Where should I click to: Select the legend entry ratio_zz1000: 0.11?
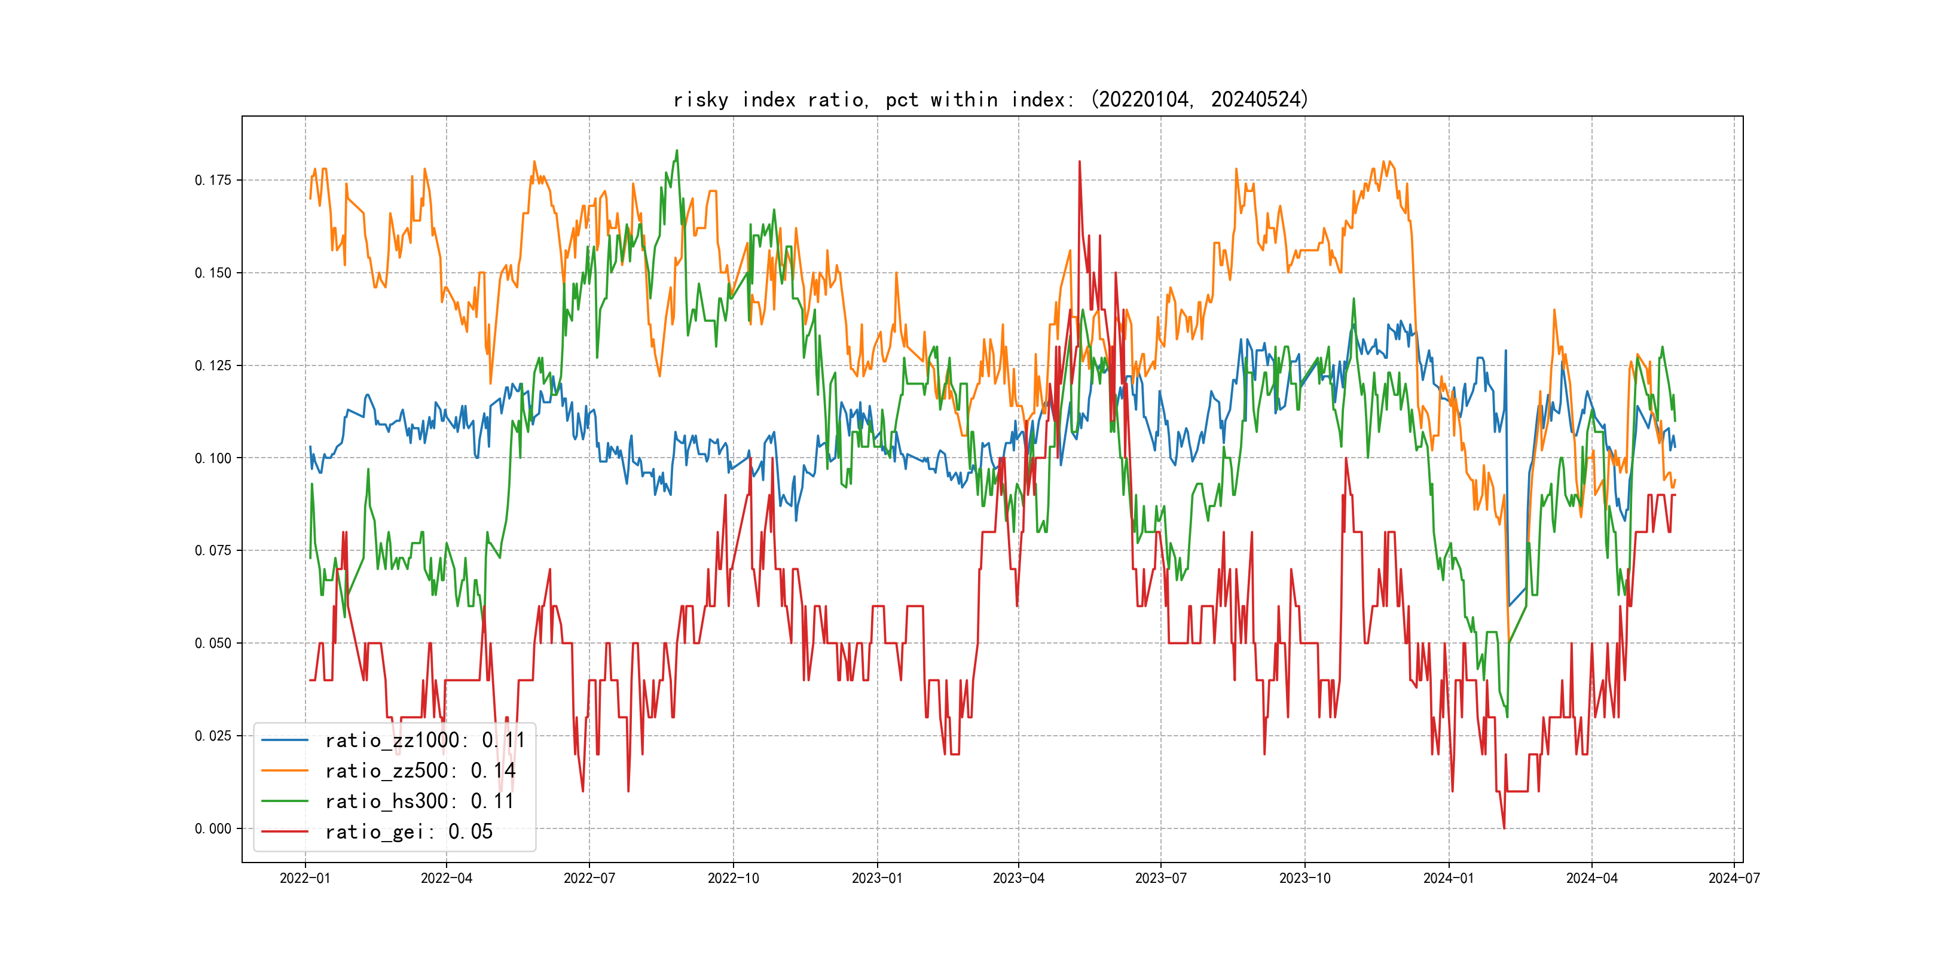[x=424, y=741]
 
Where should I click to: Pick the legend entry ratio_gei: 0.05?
[x=408, y=832]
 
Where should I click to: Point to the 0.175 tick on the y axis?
[x=213, y=180]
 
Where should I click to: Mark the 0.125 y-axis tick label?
[x=213, y=365]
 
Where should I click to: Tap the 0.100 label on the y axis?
[x=213, y=458]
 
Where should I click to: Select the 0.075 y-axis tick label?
[x=213, y=551]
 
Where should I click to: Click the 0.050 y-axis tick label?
[x=213, y=643]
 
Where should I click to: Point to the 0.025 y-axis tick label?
[x=213, y=736]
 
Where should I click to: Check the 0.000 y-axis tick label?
[x=213, y=828]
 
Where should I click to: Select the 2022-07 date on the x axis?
[x=589, y=878]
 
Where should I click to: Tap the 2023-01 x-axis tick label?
[x=877, y=878]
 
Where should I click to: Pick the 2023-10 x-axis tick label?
[x=1304, y=878]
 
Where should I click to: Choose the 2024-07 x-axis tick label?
[x=1733, y=878]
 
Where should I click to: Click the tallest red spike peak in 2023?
[x=1079, y=161]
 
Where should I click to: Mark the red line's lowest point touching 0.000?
[x=1504, y=828]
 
